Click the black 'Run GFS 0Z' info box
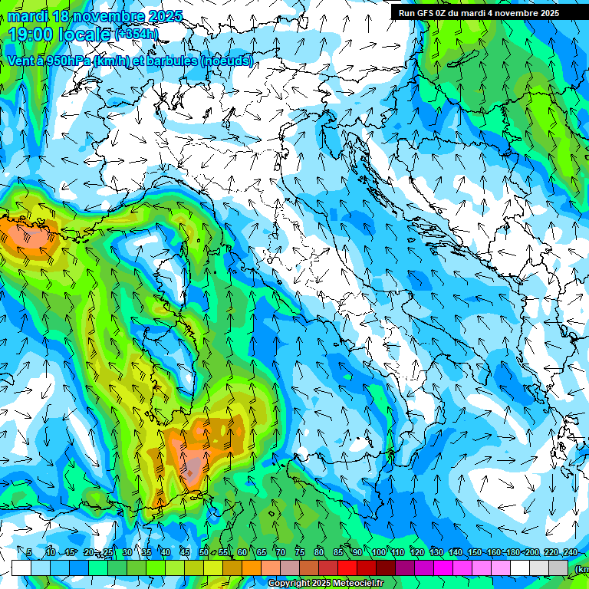[x=489, y=12]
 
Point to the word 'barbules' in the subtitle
[x=173, y=61]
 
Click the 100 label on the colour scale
[x=378, y=552]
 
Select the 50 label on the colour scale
[x=203, y=552]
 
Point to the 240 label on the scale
[x=570, y=552]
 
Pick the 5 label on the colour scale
[x=29, y=552]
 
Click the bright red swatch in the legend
[x=347, y=568]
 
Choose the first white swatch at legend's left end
[x=21, y=568]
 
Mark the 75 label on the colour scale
[x=300, y=552]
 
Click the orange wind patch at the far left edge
[x=23, y=230]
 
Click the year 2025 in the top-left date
[x=164, y=15]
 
